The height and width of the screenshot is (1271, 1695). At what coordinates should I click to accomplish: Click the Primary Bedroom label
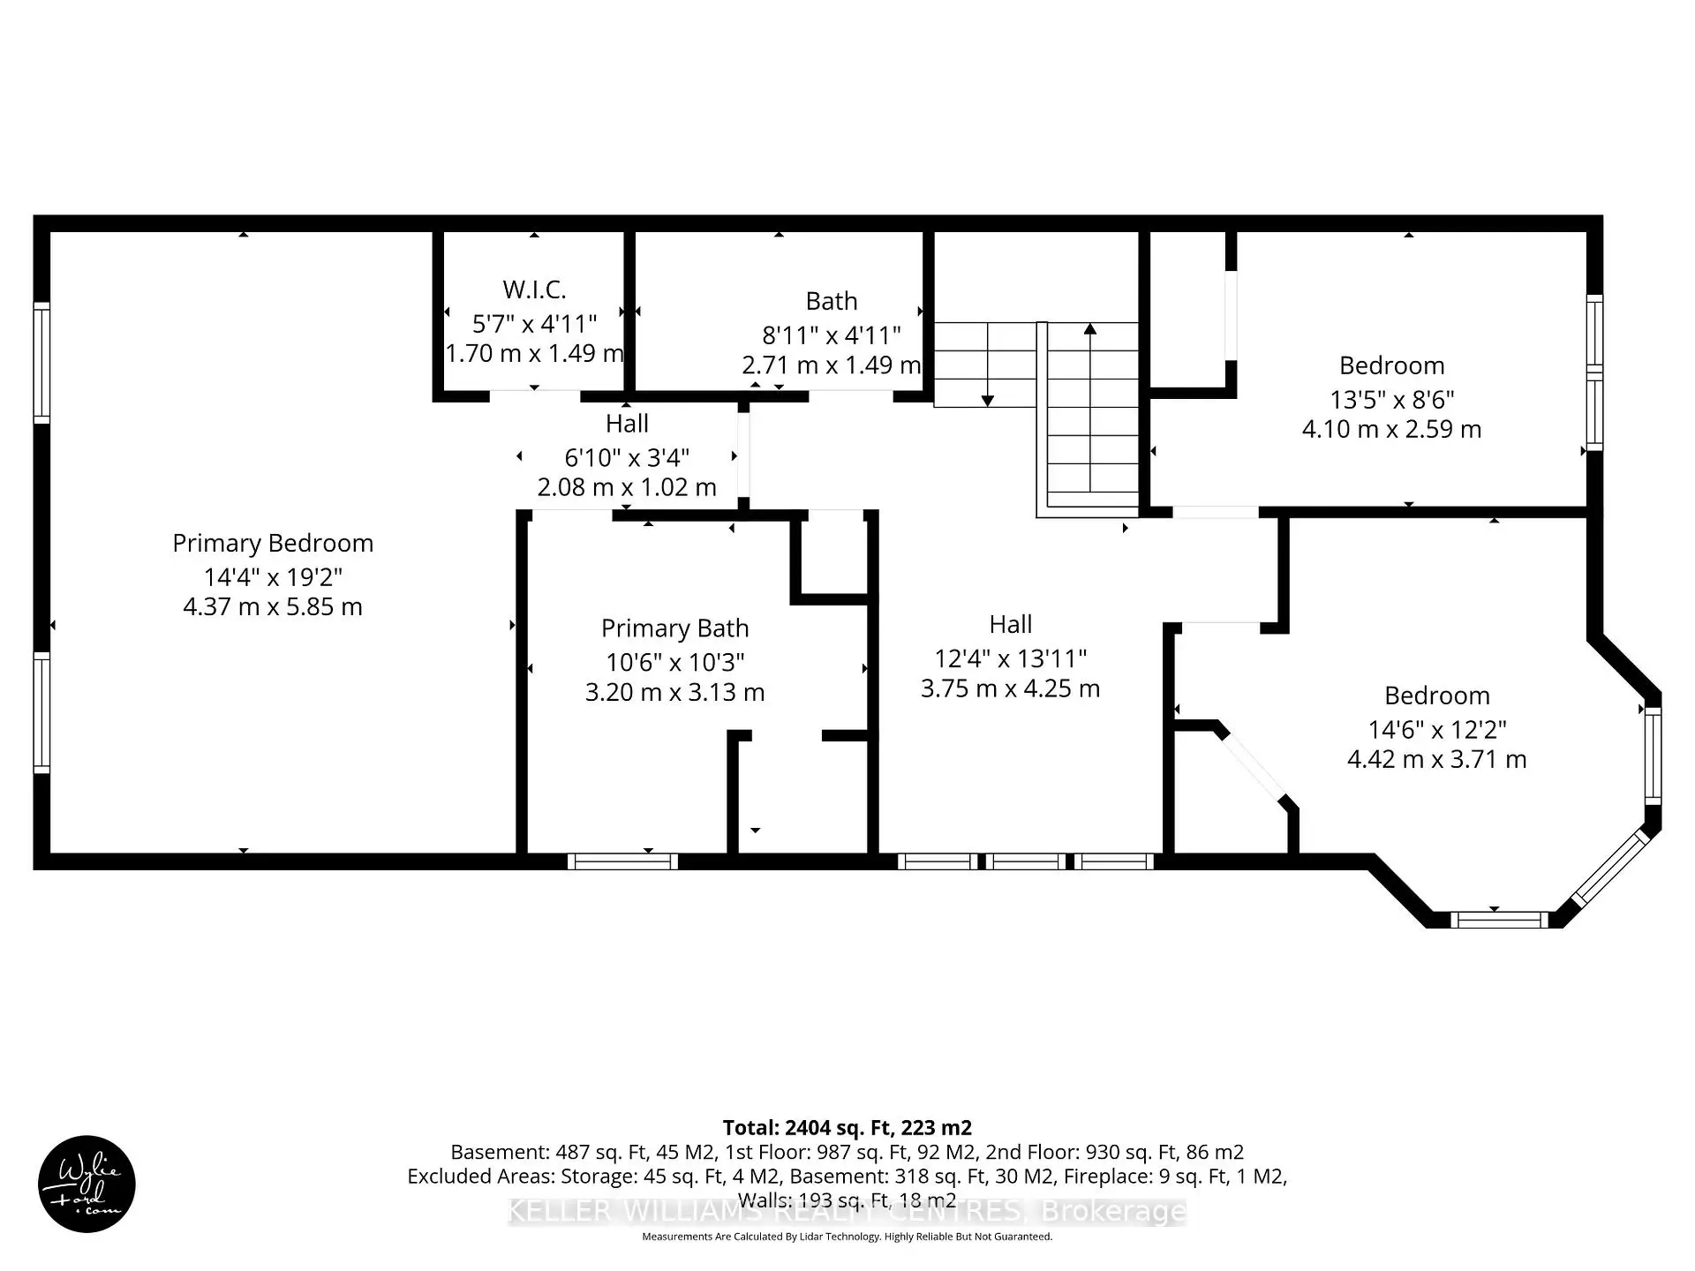pos(273,543)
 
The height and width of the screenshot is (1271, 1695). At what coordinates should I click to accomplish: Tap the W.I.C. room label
pos(534,290)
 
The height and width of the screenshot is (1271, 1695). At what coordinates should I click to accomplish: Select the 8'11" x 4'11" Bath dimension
pos(831,335)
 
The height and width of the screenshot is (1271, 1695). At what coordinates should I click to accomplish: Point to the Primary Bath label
pos(674,628)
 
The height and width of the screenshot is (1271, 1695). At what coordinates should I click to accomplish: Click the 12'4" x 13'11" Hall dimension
pos(1010,658)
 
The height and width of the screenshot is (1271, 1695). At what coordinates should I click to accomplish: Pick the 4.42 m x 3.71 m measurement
pos(1436,759)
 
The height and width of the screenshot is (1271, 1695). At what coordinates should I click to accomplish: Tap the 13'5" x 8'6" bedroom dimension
pos(1391,400)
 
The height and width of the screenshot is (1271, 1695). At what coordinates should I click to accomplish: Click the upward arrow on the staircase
pos(1090,330)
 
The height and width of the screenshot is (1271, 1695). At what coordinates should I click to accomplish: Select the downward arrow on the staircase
pos(988,400)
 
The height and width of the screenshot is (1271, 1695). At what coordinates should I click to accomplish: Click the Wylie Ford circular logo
pos(87,1184)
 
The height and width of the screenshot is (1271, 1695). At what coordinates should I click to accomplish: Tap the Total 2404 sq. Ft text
pos(847,1127)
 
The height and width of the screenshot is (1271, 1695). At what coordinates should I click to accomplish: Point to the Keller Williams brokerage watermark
pos(847,1211)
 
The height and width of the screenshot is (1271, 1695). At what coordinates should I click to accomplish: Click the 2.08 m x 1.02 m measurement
pos(627,487)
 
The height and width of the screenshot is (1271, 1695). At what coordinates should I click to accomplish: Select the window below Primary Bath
pos(622,861)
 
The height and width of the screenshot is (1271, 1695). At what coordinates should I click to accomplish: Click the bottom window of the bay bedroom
pos(1498,920)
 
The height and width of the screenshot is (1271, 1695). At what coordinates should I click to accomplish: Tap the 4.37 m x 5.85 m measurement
pos(273,607)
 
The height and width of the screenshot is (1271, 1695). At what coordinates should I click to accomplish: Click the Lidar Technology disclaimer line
pos(847,1237)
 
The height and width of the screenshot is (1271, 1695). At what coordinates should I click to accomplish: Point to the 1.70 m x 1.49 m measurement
pos(534,354)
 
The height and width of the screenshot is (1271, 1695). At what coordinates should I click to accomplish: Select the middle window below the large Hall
pos(1025,861)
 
